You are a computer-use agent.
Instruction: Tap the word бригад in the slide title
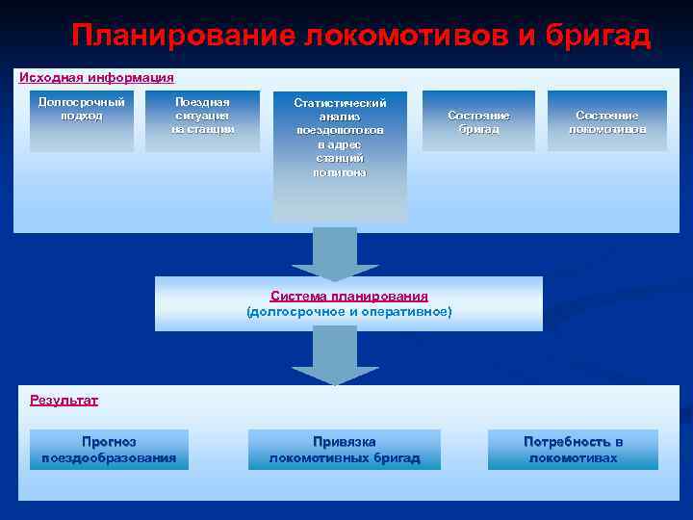(596, 37)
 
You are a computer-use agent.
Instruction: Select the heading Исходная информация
(96, 77)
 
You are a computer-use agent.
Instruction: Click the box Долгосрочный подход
(82, 120)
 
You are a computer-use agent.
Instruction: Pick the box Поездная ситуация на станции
(203, 120)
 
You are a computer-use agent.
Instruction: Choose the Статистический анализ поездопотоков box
(340, 154)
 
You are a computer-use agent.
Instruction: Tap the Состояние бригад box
(478, 120)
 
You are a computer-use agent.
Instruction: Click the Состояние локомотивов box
(607, 120)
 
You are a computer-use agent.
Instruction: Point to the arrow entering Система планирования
(336, 255)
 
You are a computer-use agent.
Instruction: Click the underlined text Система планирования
(348, 297)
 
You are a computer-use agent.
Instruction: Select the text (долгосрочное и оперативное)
(348, 312)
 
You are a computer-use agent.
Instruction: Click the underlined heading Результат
(64, 400)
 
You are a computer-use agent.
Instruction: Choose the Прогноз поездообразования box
(109, 450)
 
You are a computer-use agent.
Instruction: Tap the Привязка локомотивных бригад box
(345, 450)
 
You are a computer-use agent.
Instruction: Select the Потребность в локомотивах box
(573, 450)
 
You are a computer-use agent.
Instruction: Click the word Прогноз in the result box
(109, 442)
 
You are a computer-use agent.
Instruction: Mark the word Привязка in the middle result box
(345, 442)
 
